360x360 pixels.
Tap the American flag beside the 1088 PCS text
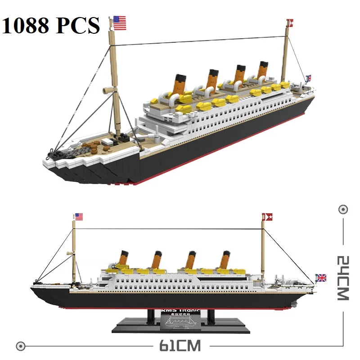(x=118, y=22)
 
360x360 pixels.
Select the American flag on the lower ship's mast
(x=79, y=217)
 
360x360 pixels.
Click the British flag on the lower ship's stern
(x=321, y=278)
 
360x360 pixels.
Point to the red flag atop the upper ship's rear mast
(x=290, y=21)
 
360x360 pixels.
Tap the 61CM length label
(x=179, y=346)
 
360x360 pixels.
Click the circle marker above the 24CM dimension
(x=343, y=210)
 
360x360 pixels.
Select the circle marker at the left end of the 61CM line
(x=19, y=346)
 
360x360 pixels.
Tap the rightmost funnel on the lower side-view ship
(x=225, y=260)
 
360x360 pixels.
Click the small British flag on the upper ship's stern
(x=308, y=78)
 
